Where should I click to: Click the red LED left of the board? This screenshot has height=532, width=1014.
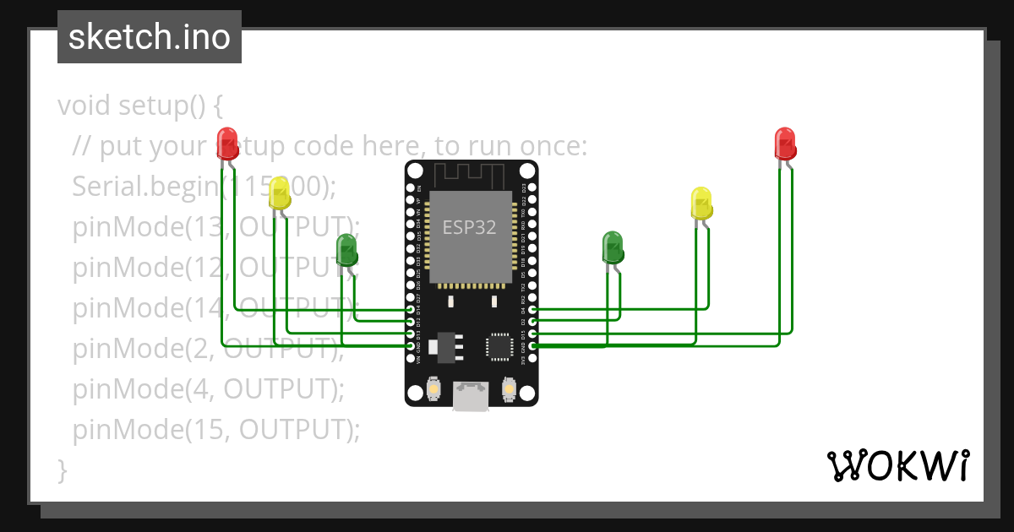[x=227, y=142]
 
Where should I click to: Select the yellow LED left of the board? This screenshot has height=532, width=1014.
[x=280, y=195]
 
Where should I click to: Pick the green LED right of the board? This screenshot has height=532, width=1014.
[x=613, y=247]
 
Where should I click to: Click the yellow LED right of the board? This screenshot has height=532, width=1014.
[x=701, y=203]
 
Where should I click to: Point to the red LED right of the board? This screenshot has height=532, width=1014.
[x=785, y=143]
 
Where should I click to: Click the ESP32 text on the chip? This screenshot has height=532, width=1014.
[x=470, y=226]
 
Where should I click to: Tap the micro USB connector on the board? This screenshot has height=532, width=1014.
[x=471, y=395]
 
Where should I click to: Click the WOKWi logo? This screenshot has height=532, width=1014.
[x=897, y=465]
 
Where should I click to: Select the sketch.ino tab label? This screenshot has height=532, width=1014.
[x=150, y=37]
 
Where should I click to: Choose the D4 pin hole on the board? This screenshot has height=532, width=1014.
[x=532, y=311]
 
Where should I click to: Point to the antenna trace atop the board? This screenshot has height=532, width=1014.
[x=470, y=174]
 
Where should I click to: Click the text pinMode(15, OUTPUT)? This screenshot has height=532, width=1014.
[x=216, y=430]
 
